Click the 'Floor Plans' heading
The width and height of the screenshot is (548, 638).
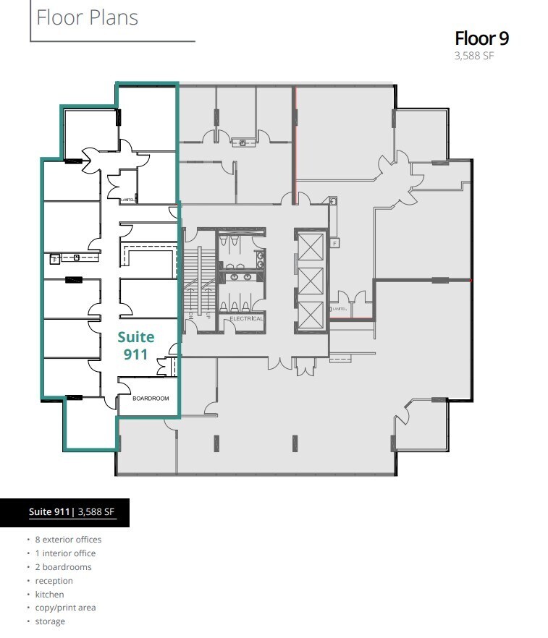(87, 17)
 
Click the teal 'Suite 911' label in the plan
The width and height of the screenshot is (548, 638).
(136, 345)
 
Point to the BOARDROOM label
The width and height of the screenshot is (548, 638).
(151, 399)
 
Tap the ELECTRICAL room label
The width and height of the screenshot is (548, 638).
(246, 318)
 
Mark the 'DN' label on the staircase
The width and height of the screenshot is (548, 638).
(191, 316)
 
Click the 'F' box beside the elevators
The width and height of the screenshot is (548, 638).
(334, 244)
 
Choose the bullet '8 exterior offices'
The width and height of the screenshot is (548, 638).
(68, 540)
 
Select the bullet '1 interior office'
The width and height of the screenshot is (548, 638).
(65, 553)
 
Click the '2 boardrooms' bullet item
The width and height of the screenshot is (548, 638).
(63, 567)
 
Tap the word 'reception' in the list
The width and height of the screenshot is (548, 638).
(54, 581)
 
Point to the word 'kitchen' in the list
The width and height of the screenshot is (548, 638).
(49, 595)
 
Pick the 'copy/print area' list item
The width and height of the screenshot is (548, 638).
(65, 608)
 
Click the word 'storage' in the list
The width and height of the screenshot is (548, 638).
(50, 621)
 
